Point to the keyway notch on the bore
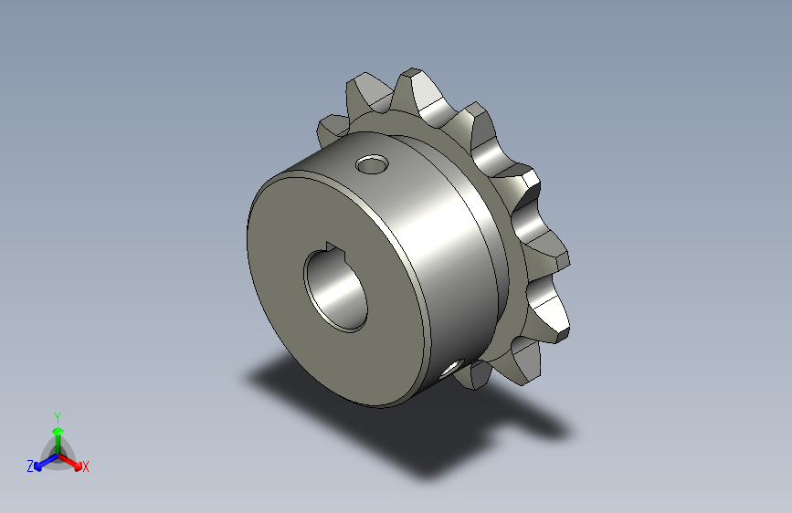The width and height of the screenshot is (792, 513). coord(332,246)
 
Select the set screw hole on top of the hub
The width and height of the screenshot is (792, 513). coord(373,164)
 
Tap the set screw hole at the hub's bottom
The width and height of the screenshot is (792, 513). coord(451,369)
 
